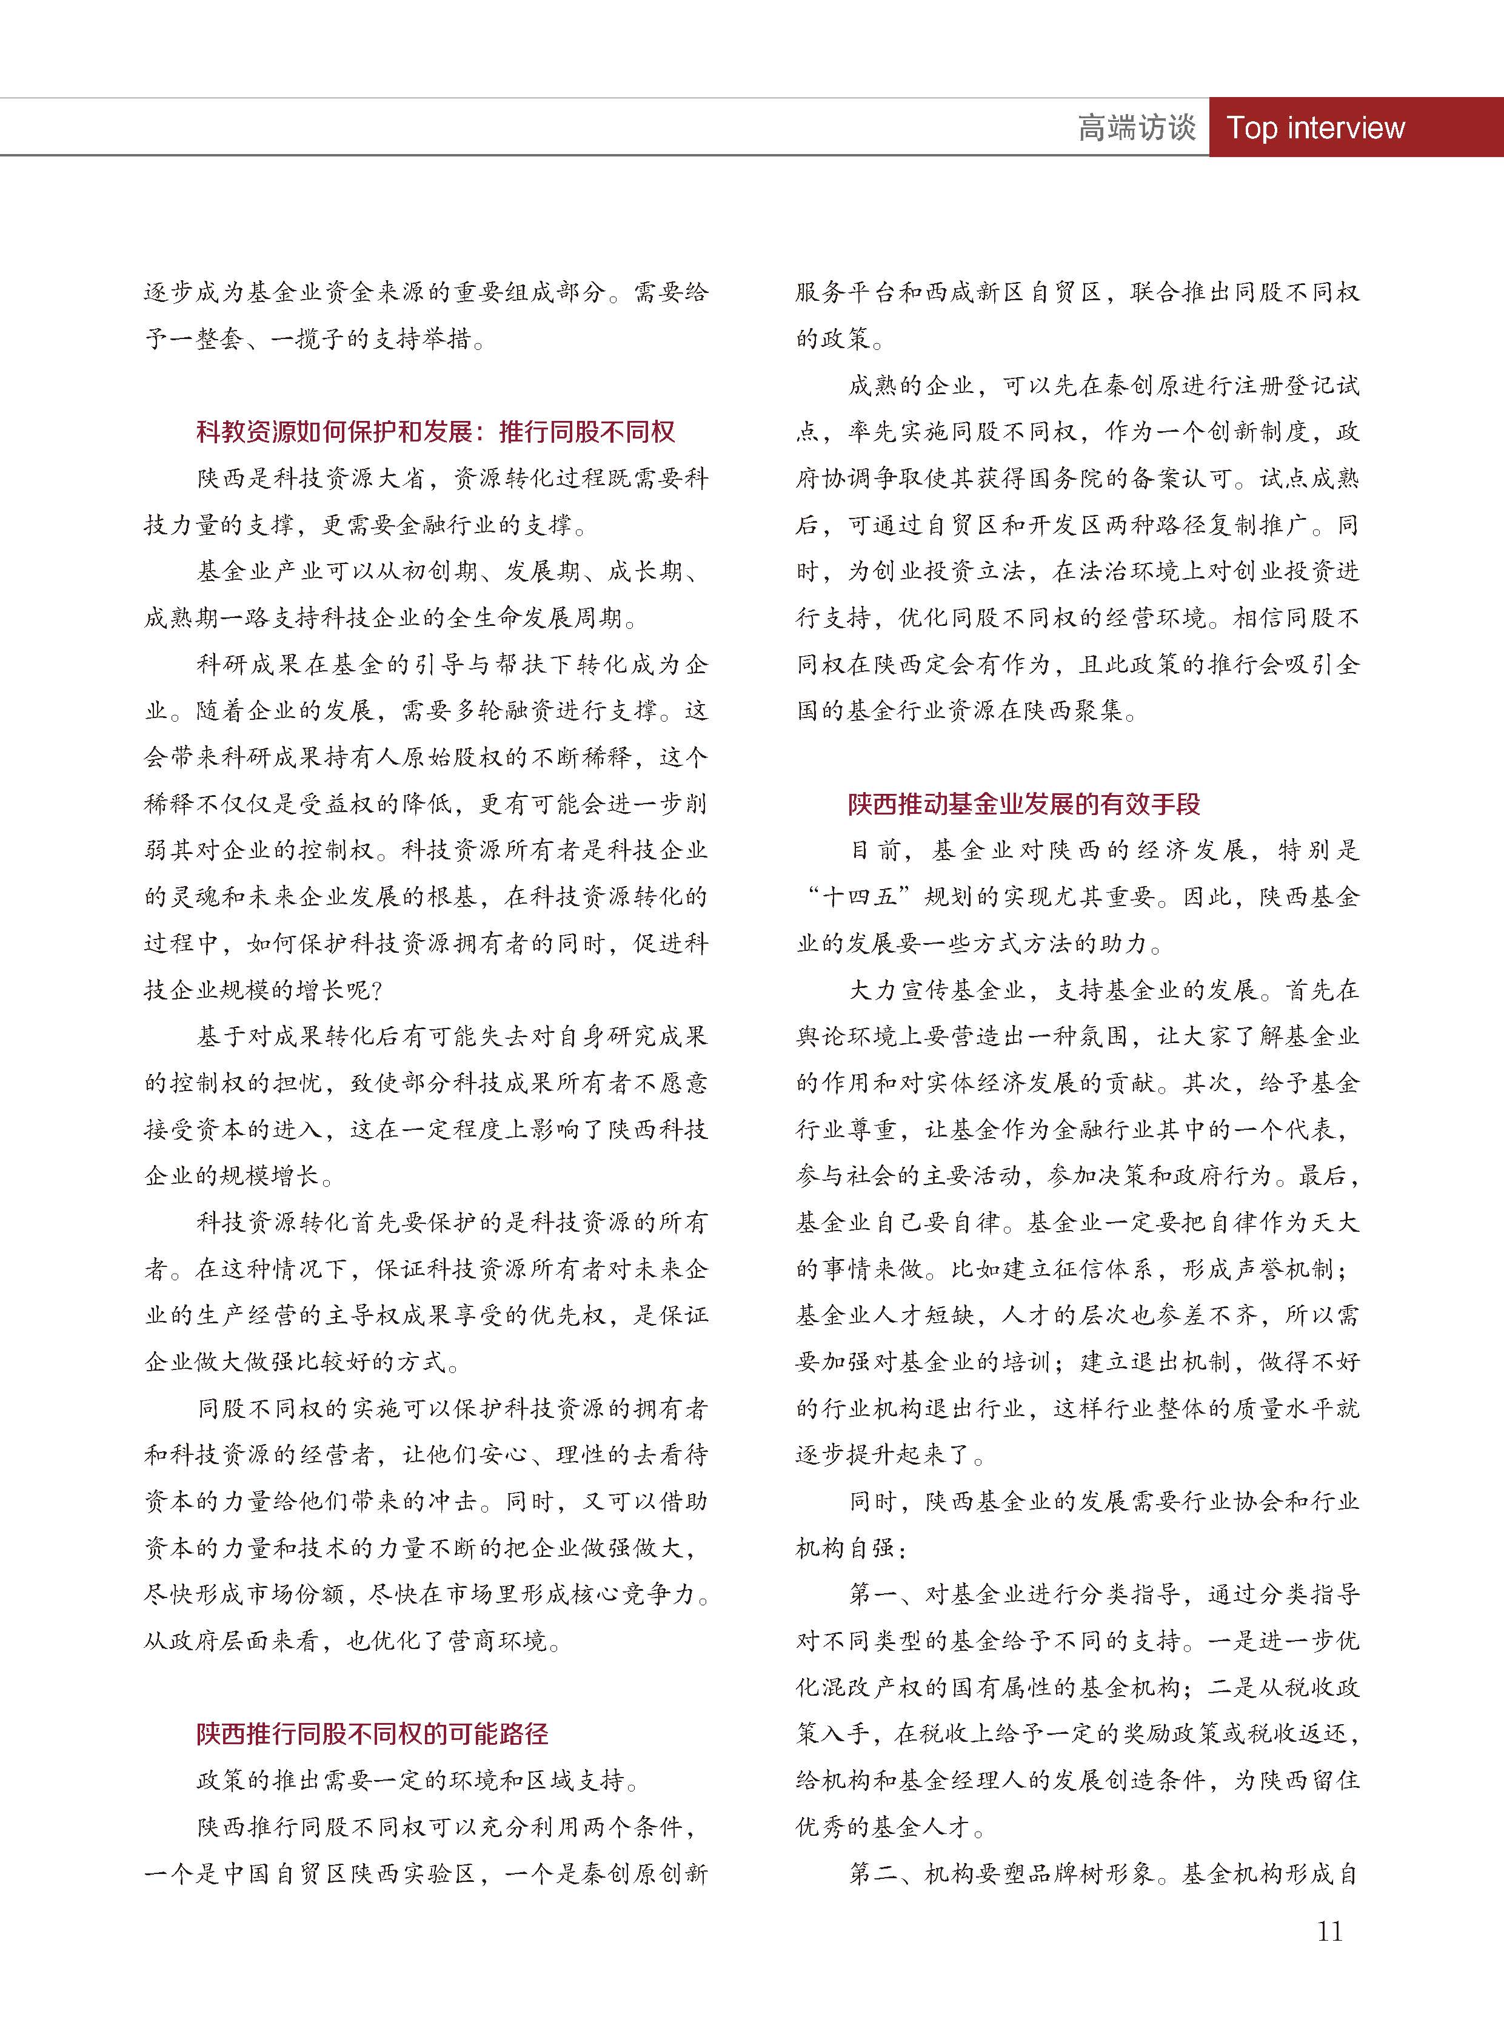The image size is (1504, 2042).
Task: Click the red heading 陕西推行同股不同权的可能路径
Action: [x=372, y=1733]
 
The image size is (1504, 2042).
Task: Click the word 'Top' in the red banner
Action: [x=1251, y=127]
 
